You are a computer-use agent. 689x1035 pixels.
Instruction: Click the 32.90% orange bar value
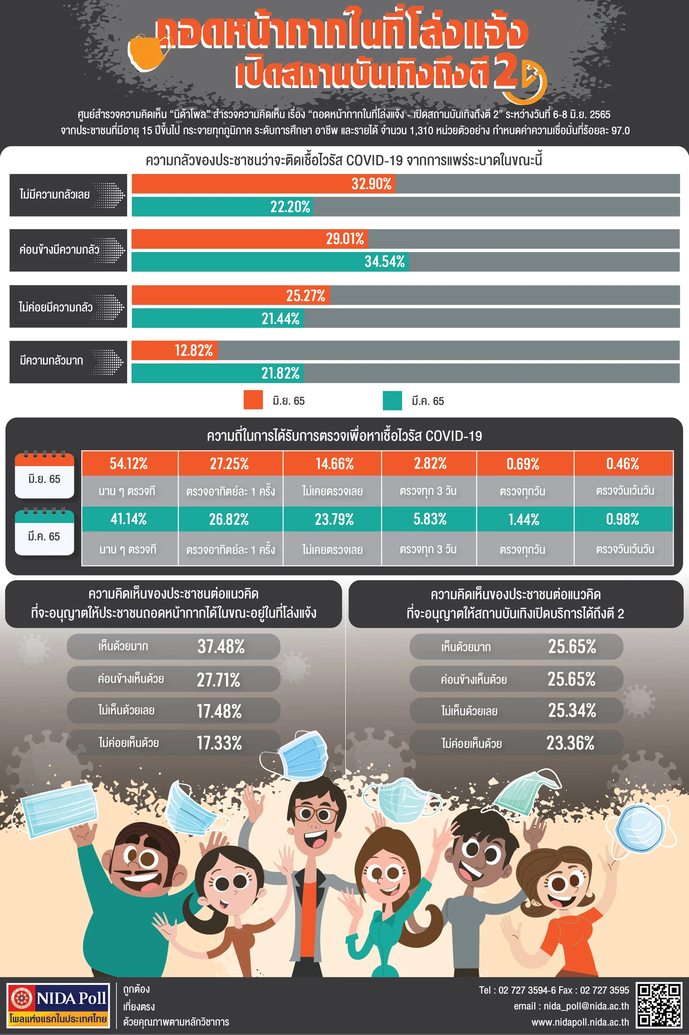point(371,184)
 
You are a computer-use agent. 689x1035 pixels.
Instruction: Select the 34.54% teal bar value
point(385,261)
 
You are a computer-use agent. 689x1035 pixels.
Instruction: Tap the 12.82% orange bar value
point(193,350)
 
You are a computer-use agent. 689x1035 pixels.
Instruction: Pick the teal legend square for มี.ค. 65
point(392,400)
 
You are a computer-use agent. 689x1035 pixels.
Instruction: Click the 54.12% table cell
point(129,464)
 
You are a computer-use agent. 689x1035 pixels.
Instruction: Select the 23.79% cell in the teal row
point(334,519)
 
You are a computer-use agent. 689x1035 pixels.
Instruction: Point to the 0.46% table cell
point(623,464)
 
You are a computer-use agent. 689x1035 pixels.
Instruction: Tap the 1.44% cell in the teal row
point(524,519)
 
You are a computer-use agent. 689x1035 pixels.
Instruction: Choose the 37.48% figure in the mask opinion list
point(221,646)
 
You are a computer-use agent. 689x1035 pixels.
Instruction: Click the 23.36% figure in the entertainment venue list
point(570,743)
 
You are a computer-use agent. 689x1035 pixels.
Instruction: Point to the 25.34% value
point(572,710)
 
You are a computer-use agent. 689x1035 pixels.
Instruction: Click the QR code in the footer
point(659,1005)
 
